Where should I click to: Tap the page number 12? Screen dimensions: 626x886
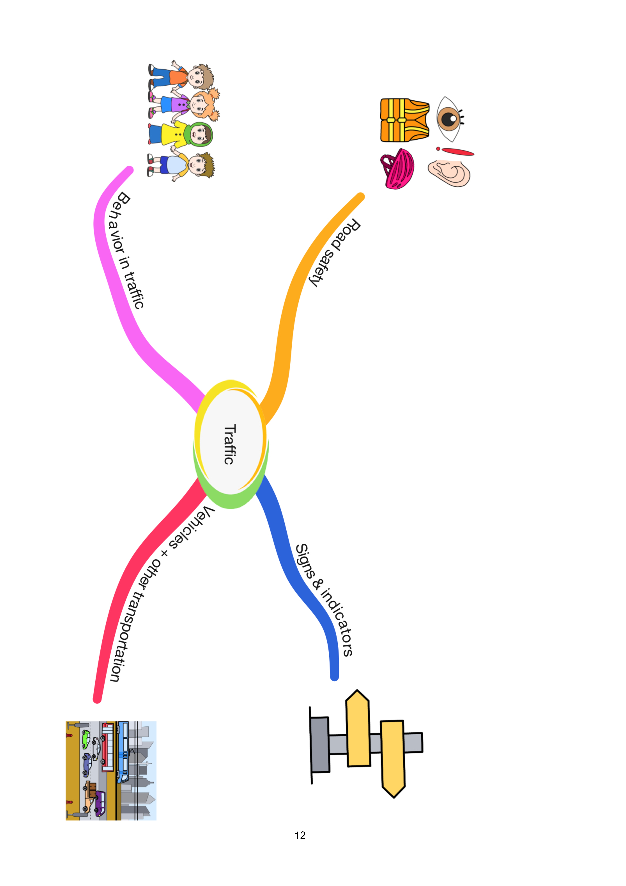coord(300,835)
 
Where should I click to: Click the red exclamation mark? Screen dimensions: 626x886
coord(455,151)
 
